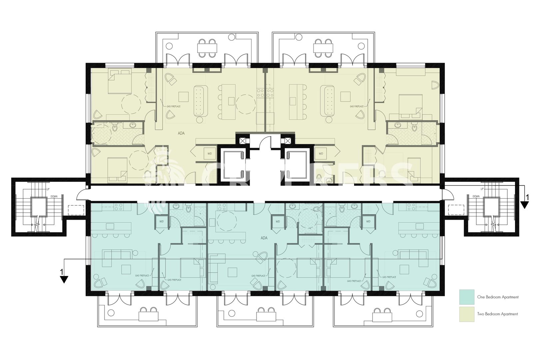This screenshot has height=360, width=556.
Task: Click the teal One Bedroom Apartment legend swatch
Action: [x=466, y=297]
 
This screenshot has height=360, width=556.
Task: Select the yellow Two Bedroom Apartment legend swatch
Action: [x=466, y=314]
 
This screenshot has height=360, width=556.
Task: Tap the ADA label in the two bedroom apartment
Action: [x=181, y=133]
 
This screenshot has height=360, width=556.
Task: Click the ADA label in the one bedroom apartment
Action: [x=264, y=238]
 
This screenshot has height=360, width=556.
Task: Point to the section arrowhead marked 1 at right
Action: [x=524, y=205]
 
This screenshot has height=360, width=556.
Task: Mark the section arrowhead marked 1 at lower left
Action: [x=64, y=279]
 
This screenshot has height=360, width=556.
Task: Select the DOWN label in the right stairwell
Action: [x=476, y=196]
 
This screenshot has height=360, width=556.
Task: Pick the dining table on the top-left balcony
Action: [x=207, y=48]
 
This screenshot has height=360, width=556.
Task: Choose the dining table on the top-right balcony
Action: [x=323, y=48]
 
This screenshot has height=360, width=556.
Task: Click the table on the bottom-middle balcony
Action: [x=266, y=316]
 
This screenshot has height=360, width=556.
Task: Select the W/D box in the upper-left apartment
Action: [x=210, y=154]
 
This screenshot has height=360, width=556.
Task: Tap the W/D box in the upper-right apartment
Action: [x=321, y=154]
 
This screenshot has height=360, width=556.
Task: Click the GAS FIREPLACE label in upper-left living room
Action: [x=174, y=106]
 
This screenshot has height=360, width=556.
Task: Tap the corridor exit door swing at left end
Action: [x=82, y=194]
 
